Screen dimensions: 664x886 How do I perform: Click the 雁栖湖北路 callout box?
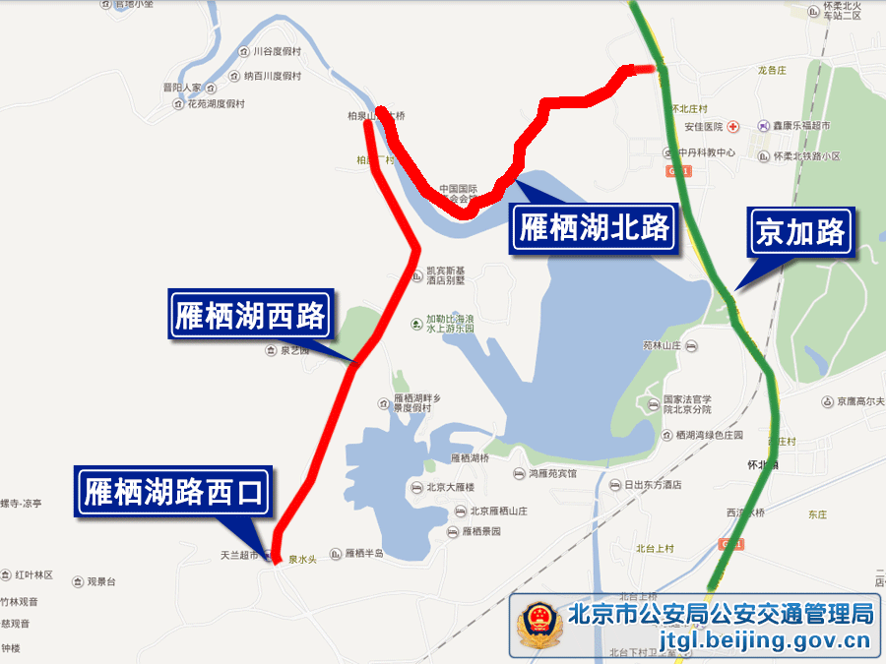coord(595,228)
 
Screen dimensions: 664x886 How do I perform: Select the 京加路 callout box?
coord(800,232)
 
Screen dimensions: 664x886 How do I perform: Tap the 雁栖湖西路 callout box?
coord(250,315)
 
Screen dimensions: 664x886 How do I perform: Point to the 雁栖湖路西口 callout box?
coord(174,492)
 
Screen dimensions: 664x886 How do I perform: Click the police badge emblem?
coord(539,627)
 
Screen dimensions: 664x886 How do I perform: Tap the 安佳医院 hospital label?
coord(704,127)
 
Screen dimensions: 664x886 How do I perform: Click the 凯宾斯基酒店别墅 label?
coord(445,275)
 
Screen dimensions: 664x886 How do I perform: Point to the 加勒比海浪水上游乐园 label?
coord(450,324)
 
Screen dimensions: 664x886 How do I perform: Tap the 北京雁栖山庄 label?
coord(498,511)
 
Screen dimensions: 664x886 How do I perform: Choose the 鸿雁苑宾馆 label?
coord(552,473)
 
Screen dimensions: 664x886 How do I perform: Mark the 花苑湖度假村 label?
coord(214,103)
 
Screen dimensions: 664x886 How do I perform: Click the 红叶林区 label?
coord(32,574)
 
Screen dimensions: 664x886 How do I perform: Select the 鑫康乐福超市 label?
coord(799,127)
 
